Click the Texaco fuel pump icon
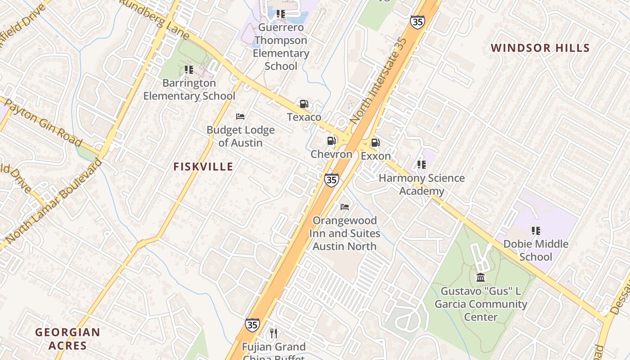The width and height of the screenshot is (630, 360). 304,104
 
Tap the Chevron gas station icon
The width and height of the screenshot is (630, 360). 332,141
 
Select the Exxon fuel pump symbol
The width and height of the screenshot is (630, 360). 375,143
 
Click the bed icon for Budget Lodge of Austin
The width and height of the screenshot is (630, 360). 240,117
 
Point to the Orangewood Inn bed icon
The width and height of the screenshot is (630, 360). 345,207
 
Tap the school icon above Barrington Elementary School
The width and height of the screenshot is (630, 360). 189,70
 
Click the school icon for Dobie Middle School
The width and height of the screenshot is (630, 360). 535,231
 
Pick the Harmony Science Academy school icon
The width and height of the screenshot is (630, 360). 421,165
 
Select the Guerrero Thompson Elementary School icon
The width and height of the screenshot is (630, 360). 281,14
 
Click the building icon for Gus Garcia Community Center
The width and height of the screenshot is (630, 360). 480,277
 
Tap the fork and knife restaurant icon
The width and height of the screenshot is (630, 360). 273,333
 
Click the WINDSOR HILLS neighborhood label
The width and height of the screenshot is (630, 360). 540,48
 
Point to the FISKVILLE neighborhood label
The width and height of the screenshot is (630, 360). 203,167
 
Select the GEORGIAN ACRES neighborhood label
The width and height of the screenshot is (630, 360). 67,339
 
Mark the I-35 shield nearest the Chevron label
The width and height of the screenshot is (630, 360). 331,180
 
